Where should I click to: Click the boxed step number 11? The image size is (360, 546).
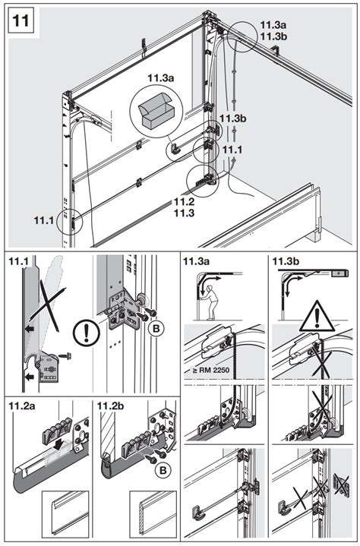coord(21,21)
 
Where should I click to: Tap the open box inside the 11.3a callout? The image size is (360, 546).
coord(156,111)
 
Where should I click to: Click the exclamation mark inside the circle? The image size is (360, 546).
coord(87,333)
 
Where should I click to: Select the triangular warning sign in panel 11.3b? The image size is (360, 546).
coord(317,316)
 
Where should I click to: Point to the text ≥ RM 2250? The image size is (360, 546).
coord(211,370)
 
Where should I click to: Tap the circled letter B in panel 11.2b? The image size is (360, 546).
coord(163,470)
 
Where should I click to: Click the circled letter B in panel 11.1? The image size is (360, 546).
coord(156,328)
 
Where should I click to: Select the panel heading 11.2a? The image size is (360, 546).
coord(22,406)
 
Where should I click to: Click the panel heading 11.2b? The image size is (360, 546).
coord(111,406)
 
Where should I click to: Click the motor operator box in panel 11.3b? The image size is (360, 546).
coord(339,273)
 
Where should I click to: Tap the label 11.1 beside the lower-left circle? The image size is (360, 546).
coord(44,220)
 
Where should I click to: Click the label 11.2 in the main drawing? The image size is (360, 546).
coord(185,201)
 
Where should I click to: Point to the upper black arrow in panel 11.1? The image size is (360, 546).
coord(30,328)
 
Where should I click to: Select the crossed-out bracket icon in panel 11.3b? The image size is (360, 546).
coord(342,484)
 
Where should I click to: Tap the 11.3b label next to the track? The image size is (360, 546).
coord(232,118)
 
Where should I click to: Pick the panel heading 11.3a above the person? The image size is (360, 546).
coord(197,260)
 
